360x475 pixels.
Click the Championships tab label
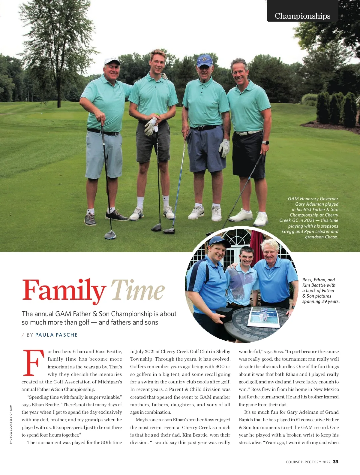coord(302,16)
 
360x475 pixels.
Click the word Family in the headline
coord(64,290)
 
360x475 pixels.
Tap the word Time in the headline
coord(138,290)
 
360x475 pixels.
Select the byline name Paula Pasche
coord(56,335)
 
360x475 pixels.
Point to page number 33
coord(336,462)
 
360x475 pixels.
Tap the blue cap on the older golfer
coord(204,60)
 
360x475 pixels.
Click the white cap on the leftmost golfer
coord(112,61)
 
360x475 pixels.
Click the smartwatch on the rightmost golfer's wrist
coord(266,143)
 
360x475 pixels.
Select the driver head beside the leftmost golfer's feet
coord(110,234)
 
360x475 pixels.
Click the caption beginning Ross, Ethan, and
coord(320,290)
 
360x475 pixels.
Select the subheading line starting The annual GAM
coord(99,314)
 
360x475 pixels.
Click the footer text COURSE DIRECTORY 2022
coord(308,462)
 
